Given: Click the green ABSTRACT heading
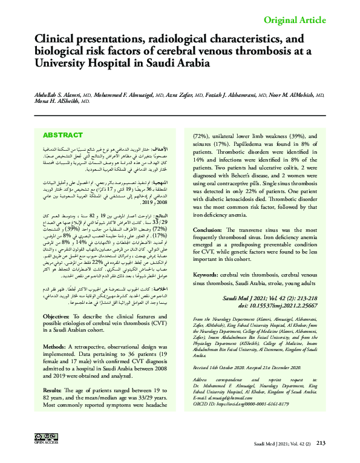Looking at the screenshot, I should (63, 135).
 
